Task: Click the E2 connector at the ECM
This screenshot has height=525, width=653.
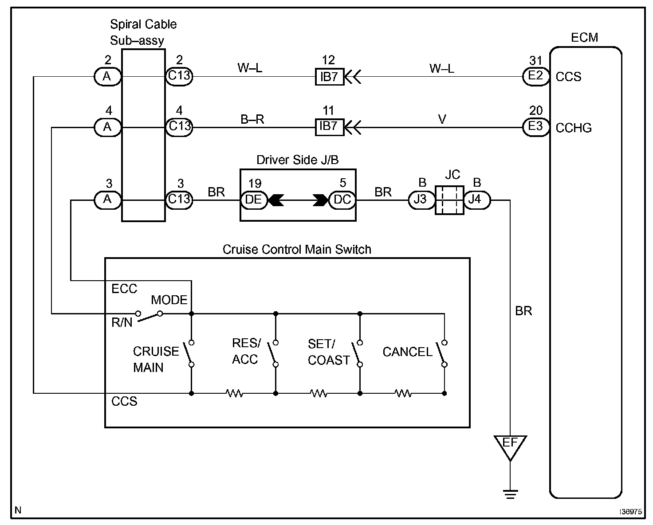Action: click(536, 76)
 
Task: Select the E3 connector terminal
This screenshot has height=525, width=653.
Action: click(536, 127)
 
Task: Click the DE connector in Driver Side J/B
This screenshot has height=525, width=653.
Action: click(254, 200)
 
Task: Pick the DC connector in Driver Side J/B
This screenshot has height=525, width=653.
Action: click(342, 200)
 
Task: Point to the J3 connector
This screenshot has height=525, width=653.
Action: click(420, 200)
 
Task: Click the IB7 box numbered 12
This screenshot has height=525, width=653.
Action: click(329, 77)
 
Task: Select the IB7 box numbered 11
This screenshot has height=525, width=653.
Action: click(329, 127)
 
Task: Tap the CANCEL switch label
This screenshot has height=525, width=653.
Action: click(407, 352)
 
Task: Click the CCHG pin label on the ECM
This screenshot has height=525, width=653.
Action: click(574, 128)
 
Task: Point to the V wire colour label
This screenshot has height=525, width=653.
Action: click(442, 119)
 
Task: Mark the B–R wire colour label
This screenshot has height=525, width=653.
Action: click(252, 119)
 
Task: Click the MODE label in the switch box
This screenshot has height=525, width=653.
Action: click(169, 300)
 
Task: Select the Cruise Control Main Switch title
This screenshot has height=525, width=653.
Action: click(296, 250)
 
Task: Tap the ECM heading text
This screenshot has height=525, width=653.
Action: click(584, 38)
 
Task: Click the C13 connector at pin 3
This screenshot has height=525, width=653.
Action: click(179, 200)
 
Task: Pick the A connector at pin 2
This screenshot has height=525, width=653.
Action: click(107, 77)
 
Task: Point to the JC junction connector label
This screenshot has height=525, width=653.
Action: click(452, 175)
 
